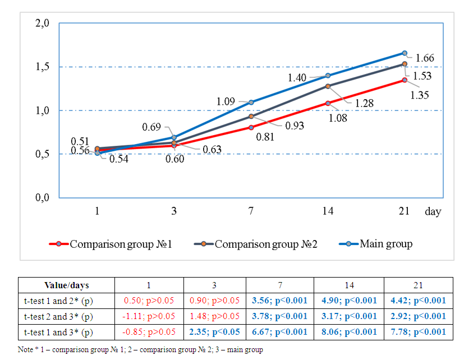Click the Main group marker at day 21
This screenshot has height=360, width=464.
point(405,53)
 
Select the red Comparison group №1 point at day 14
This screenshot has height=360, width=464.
point(328,103)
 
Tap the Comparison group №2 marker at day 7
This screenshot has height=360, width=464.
point(251,117)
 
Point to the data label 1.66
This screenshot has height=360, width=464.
point(425,58)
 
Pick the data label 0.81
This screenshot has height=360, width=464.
point(265,135)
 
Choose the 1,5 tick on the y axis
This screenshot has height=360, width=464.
point(43,67)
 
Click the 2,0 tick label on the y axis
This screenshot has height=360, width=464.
point(43,24)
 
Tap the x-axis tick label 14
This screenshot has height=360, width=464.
point(328,211)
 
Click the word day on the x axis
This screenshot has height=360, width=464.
point(433,211)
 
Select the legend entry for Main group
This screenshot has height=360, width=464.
point(386,244)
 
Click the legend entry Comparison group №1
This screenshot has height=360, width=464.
point(121,244)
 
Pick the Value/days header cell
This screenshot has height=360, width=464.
point(66,285)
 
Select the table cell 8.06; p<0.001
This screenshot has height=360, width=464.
point(349,332)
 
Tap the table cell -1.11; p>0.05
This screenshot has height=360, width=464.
point(149,316)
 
